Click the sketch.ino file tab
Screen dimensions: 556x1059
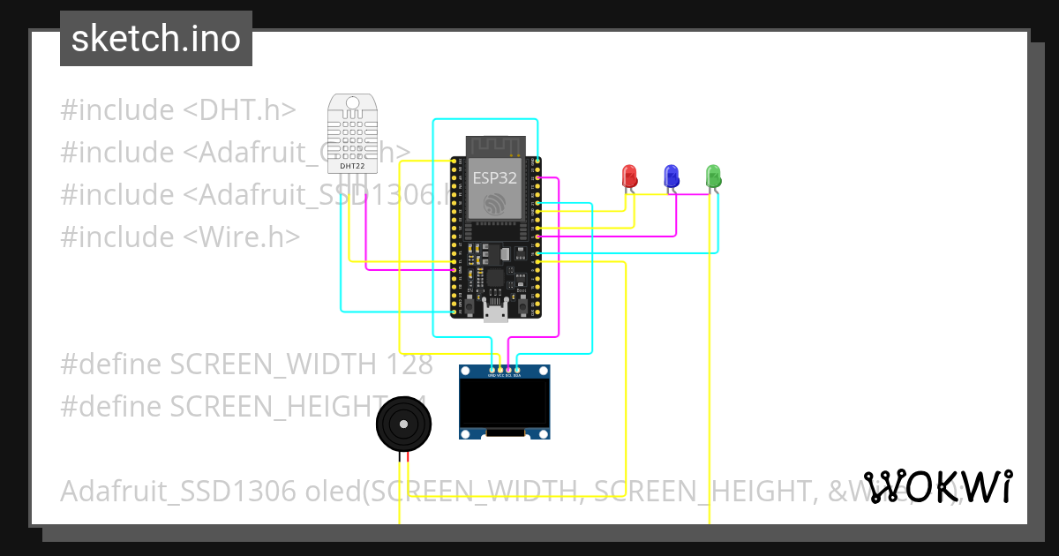click(155, 39)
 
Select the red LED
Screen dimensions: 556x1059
click(629, 175)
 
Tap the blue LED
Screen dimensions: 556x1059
click(672, 175)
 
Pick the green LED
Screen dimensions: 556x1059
click(714, 175)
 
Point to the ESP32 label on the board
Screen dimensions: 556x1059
click(494, 177)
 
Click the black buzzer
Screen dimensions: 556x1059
click(404, 425)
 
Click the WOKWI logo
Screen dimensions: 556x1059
click(938, 487)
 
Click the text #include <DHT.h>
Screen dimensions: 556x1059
click(177, 110)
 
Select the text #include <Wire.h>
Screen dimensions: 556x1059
click(180, 237)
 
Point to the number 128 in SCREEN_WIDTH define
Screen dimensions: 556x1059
click(409, 364)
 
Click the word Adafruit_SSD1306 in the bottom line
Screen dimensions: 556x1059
click(177, 492)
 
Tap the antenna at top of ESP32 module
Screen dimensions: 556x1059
click(495, 144)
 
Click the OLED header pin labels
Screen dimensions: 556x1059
click(505, 375)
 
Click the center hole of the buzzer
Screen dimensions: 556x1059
click(404, 425)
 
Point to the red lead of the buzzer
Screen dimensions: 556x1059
click(408, 457)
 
